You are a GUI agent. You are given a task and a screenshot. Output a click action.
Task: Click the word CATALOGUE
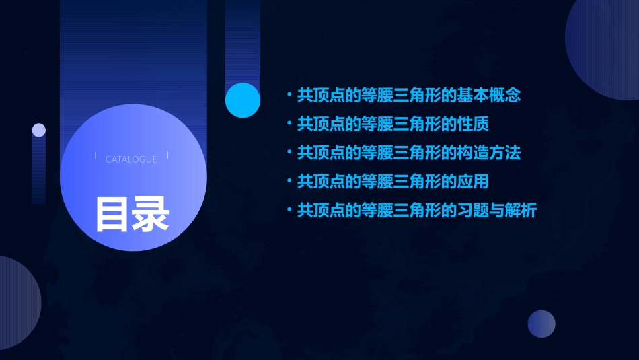(x=131, y=159)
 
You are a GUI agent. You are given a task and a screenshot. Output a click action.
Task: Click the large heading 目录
(x=132, y=214)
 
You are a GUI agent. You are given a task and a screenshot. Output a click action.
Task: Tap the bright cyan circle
(x=243, y=100)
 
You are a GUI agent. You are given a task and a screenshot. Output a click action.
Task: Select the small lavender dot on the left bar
(x=39, y=130)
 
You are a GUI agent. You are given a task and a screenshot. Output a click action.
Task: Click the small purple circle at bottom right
(x=541, y=324)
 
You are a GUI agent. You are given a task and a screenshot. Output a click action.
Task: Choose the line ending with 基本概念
(x=409, y=96)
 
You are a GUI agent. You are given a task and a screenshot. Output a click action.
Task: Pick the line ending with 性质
(x=393, y=124)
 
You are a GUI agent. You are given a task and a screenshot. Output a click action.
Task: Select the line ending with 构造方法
(x=409, y=153)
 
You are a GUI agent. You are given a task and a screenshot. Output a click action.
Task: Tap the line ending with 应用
(x=393, y=182)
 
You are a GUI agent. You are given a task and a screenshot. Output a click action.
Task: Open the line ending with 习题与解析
(x=417, y=211)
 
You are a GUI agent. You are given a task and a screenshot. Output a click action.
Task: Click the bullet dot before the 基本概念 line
(x=289, y=96)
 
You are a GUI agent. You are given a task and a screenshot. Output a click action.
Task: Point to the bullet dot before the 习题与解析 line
(x=289, y=211)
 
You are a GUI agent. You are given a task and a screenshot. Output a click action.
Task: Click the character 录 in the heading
(x=151, y=214)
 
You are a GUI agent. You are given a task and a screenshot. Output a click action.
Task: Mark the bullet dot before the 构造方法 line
(x=289, y=153)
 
